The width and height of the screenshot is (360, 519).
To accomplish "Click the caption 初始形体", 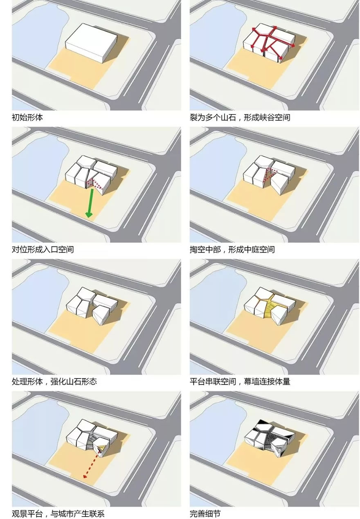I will coord(27,117).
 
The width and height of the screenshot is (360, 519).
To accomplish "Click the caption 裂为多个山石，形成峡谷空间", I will coord(240,117).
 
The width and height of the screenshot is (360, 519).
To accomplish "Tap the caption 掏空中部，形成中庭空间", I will coord(232,249).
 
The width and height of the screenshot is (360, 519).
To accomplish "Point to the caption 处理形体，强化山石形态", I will coord(54,381).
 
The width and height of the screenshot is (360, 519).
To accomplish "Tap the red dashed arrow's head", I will coord(84,476).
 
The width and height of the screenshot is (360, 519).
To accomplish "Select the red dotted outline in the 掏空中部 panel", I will coord(271,173).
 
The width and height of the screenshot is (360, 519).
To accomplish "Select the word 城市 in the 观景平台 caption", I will coord(74,513).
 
